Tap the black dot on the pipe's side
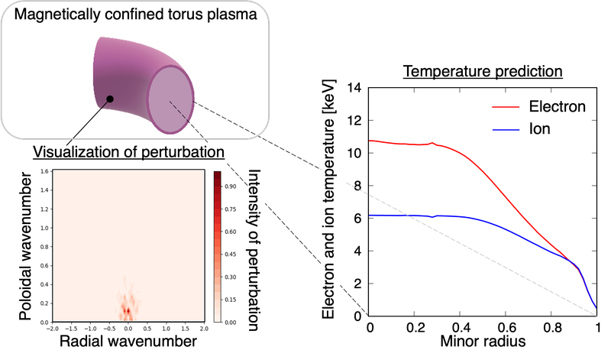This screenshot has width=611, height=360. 110,99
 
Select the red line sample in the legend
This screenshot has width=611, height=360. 506,108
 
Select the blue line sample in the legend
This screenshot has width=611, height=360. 506,131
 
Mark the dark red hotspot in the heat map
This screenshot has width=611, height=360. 127,310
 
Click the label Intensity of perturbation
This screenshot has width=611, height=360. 255,249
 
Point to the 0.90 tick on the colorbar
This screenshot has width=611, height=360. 232,186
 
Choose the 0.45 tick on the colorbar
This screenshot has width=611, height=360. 232,254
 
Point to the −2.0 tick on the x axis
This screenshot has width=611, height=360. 51,329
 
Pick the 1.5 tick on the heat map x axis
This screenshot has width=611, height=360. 166,329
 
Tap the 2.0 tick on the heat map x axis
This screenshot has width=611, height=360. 204,329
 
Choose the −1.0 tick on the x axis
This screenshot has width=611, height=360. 89,329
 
